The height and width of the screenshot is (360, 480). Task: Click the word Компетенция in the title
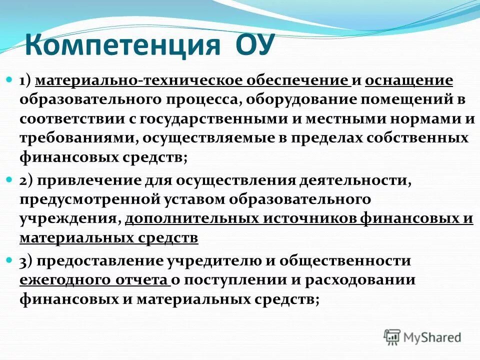tap(123, 44)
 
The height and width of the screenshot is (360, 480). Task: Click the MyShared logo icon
tap(392, 336)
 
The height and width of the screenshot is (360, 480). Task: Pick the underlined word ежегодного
tap(65, 280)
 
